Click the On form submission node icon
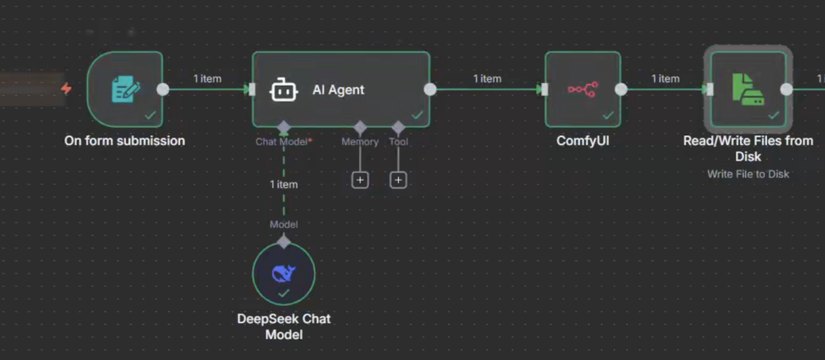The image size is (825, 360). click(x=125, y=89)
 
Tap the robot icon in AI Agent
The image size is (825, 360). click(x=282, y=89)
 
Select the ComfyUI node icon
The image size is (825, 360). click(x=583, y=89)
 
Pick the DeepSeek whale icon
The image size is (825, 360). click(x=283, y=273)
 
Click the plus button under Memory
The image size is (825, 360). click(x=360, y=180)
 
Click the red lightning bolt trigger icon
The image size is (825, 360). click(x=66, y=89)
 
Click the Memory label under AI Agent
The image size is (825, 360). click(x=360, y=141)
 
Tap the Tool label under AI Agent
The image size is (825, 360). click(x=398, y=141)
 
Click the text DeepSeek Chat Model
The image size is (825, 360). click(x=283, y=326)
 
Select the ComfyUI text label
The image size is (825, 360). click(x=583, y=141)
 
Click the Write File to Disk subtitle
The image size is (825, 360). click(x=748, y=174)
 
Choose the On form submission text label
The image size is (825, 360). click(x=125, y=141)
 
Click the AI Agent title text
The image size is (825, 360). click(x=338, y=89)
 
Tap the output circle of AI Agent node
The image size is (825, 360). click(x=430, y=89)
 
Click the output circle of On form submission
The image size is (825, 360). click(x=163, y=89)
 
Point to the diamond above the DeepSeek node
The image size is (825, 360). click(x=283, y=242)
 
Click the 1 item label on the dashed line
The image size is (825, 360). click(x=283, y=184)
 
